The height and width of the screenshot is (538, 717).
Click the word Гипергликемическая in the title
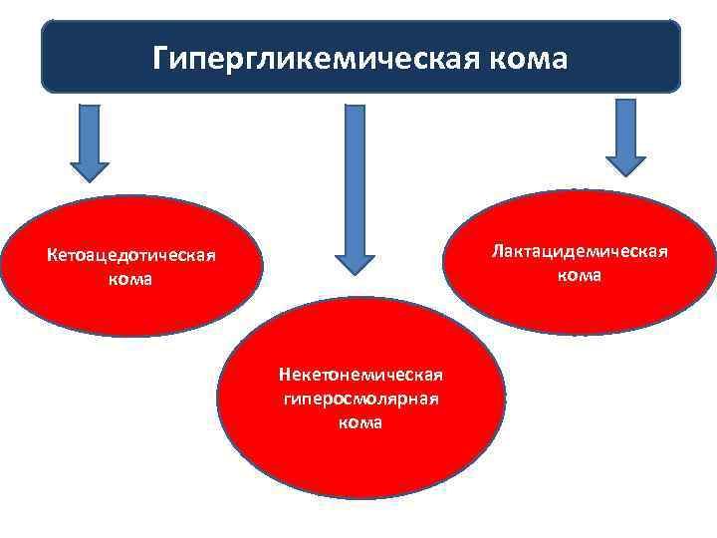point(315,57)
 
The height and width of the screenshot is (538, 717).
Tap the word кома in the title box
point(527,58)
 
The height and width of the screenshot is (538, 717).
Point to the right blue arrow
point(626,134)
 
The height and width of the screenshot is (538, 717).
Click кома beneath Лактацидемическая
point(579,274)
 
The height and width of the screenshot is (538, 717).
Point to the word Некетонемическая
point(359,375)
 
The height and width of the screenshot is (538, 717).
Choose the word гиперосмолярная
point(359,399)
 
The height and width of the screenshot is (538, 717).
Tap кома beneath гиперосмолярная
point(359,421)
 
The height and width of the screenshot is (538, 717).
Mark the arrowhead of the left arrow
point(90,169)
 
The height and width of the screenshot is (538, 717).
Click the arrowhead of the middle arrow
point(355,263)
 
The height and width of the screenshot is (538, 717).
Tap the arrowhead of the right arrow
point(626,164)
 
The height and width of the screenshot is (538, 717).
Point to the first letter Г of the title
point(160,57)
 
